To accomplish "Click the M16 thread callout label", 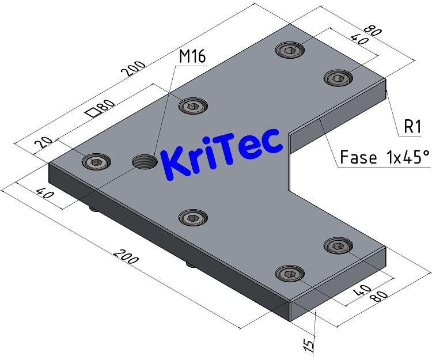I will tap(192, 56).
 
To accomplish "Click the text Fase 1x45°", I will tap(385, 157).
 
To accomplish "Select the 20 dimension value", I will tap(47, 143).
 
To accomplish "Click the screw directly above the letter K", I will tap(192, 105).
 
